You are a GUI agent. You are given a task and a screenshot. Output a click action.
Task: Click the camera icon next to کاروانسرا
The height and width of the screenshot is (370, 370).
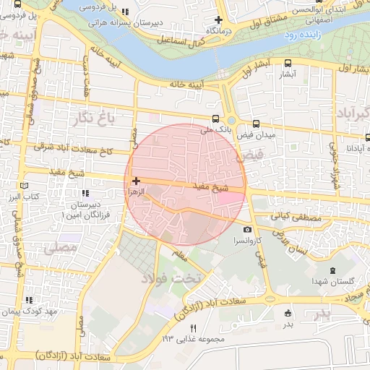248,229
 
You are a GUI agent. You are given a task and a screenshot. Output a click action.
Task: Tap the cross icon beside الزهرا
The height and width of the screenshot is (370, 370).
136,180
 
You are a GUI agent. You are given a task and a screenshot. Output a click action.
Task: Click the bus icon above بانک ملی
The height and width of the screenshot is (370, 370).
215,119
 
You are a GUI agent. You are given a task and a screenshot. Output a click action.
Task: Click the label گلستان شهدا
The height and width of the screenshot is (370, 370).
332,280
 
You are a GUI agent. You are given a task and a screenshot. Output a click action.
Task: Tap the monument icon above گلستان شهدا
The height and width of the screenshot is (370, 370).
332,270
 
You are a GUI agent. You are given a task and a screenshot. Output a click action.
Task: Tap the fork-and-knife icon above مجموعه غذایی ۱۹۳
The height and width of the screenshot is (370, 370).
192,329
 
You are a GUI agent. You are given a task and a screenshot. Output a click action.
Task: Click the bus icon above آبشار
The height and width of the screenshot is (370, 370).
288,64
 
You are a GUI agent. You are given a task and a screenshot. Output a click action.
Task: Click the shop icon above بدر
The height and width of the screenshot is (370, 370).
288,314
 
